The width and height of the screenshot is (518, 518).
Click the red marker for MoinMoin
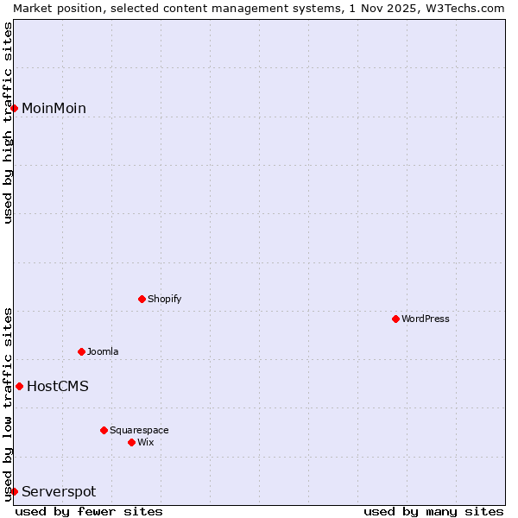click(15, 108)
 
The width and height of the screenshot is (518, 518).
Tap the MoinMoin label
click(54, 109)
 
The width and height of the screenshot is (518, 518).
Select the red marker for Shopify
click(142, 300)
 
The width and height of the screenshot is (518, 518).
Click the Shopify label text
click(164, 300)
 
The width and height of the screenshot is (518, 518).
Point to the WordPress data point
click(396, 319)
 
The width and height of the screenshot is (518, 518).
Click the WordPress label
click(425, 319)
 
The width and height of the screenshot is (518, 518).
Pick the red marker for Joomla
click(82, 352)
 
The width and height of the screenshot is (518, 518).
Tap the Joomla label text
click(103, 352)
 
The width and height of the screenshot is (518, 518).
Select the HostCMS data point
click(19, 387)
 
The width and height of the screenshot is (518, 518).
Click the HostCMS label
click(57, 387)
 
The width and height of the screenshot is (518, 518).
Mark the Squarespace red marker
click(104, 431)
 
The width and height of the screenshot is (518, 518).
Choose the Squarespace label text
click(139, 431)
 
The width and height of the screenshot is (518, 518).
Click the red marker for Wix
click(132, 443)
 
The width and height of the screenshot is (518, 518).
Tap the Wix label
click(146, 443)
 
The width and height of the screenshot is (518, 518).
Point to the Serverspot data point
click(15, 492)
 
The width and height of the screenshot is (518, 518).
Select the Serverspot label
click(59, 492)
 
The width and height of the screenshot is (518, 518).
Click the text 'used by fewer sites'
click(89, 512)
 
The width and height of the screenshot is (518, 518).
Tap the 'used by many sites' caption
click(433, 512)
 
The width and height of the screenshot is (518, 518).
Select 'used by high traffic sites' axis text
click(8, 123)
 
